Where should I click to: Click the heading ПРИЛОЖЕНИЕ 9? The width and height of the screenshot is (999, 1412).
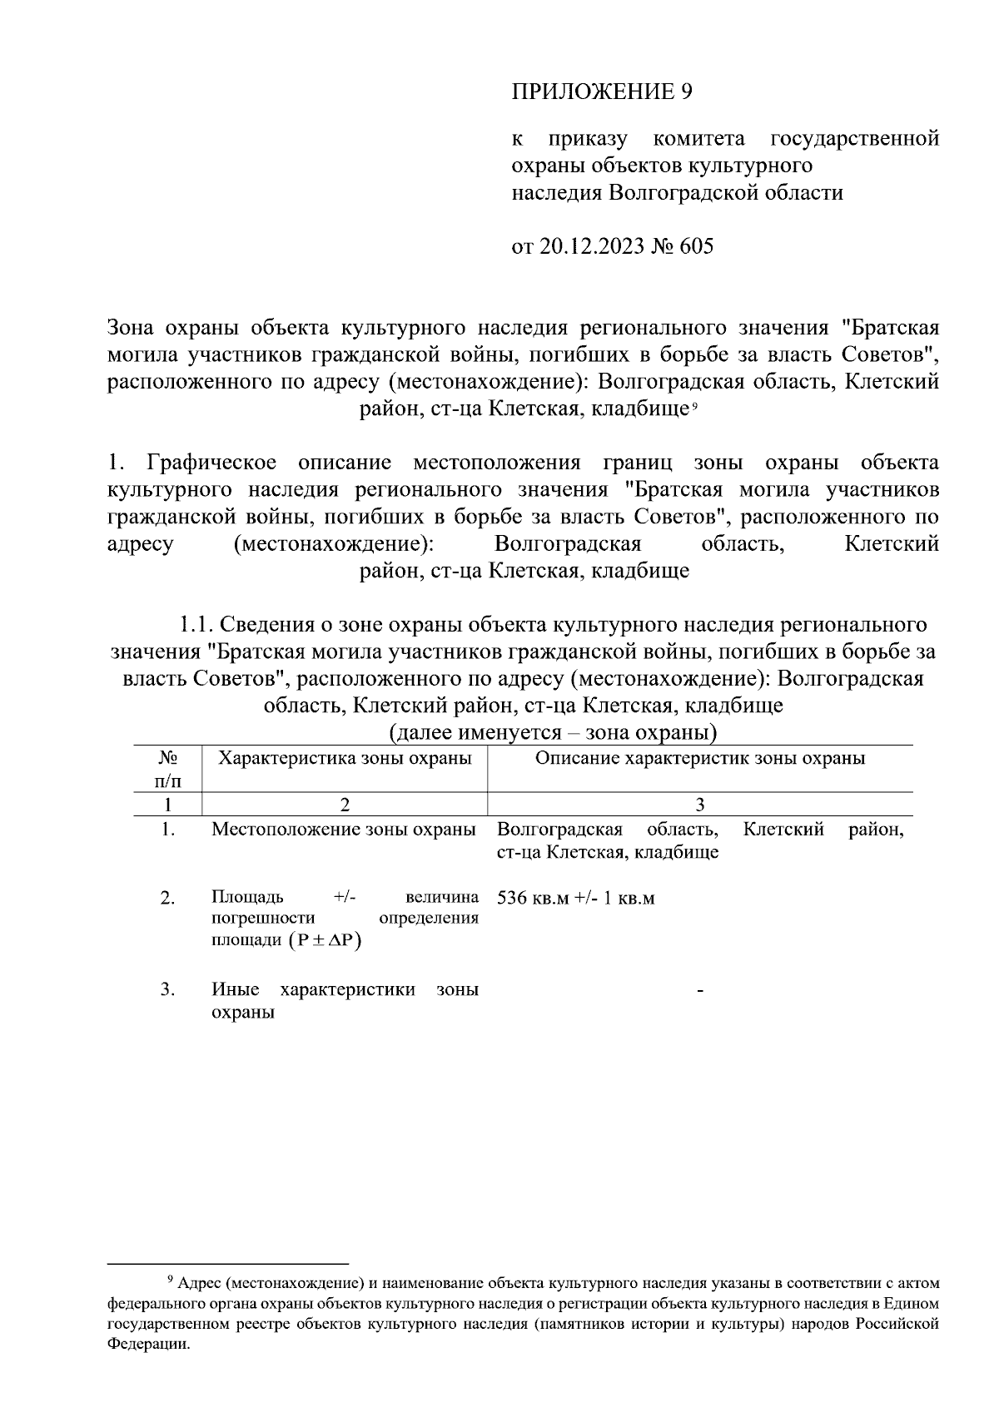pyautogui.click(x=602, y=92)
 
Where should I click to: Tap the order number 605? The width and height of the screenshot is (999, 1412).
pyautogui.click(x=697, y=247)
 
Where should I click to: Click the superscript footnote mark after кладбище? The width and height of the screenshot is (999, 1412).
pyautogui.click(x=693, y=405)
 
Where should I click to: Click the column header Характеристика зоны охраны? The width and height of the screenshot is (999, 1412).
pyautogui.click(x=345, y=758)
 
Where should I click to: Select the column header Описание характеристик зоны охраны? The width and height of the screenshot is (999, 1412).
pyautogui.click(x=699, y=758)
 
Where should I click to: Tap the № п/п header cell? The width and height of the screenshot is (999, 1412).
pyautogui.click(x=168, y=769)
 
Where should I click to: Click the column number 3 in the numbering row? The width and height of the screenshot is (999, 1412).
pyautogui.click(x=699, y=805)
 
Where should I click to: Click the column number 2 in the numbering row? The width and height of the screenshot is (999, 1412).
pyautogui.click(x=344, y=805)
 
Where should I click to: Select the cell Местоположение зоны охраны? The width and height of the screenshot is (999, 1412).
pyautogui.click(x=344, y=830)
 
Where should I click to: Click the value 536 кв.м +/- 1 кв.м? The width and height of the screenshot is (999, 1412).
pyautogui.click(x=575, y=899)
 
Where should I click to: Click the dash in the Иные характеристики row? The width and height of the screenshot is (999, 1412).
pyautogui.click(x=700, y=991)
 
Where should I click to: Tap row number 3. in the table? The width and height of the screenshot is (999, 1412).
pyautogui.click(x=168, y=990)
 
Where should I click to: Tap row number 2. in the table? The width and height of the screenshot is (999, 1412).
pyautogui.click(x=168, y=899)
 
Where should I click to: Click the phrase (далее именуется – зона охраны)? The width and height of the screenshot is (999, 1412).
pyautogui.click(x=553, y=733)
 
